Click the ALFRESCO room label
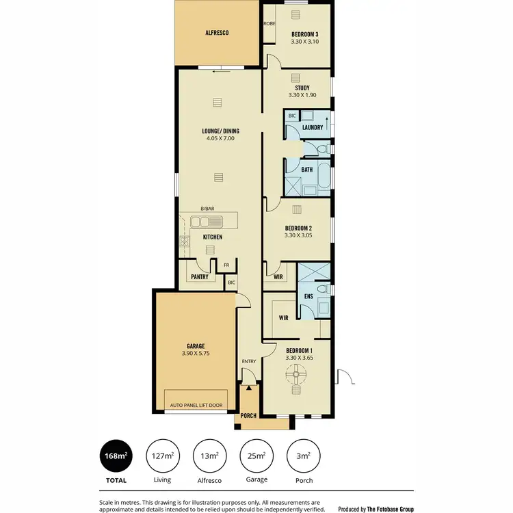217,33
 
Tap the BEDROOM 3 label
305,34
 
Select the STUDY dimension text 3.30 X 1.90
302,96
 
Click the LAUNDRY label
313,128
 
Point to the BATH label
307,170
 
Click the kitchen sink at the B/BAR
207,221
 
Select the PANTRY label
200,277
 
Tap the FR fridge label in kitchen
226,265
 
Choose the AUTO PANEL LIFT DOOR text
196,405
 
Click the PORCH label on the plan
248,415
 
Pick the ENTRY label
248,362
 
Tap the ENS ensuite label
308,297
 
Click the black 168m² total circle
116,456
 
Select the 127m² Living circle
163,456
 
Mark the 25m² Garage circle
256,456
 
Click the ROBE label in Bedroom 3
269,23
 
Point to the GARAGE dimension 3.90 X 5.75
196,354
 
